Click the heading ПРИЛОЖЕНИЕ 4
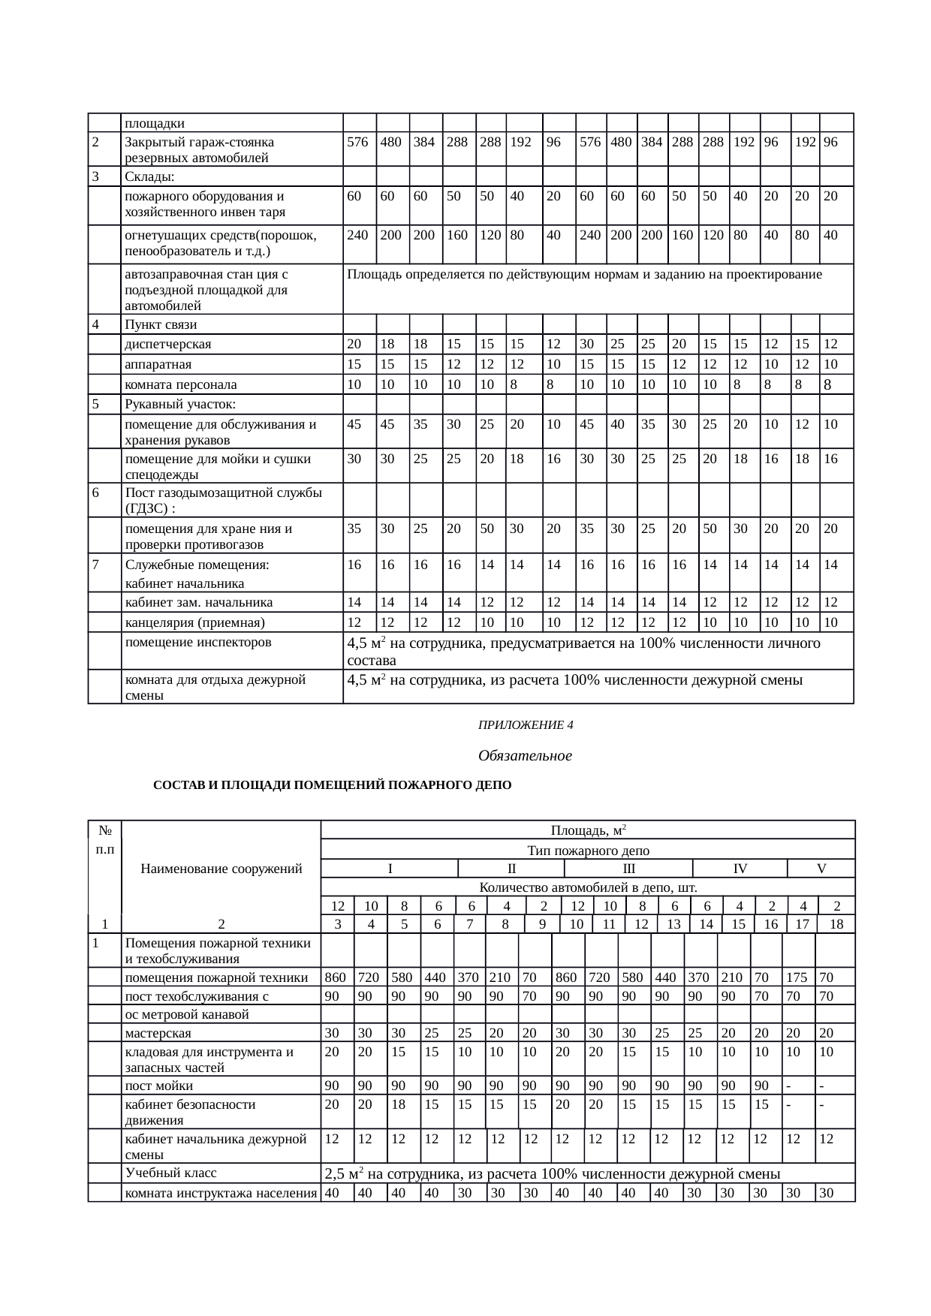click(x=526, y=725)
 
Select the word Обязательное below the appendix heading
click(x=525, y=756)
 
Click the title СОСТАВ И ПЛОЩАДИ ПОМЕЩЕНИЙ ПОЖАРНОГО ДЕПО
click(x=332, y=785)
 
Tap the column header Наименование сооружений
click(x=221, y=869)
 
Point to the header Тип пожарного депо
click(x=588, y=851)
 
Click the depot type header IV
click(x=740, y=869)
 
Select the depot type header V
click(x=821, y=869)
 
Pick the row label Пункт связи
click(x=161, y=324)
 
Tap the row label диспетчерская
click(x=168, y=345)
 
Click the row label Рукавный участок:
click(x=180, y=405)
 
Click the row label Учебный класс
click(x=170, y=1173)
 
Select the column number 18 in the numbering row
click(x=837, y=924)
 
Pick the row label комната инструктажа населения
click(x=221, y=1193)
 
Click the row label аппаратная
click(x=158, y=365)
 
